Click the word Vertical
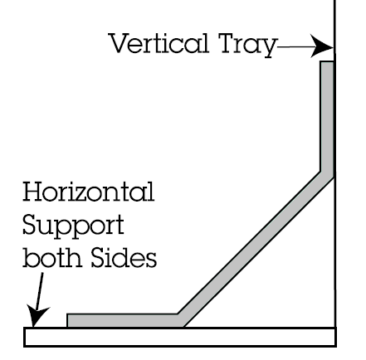pos(159,43)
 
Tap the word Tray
pos(247,45)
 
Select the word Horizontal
pos(88,192)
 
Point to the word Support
pos(73,226)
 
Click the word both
pos(52,257)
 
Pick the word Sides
pos(124,257)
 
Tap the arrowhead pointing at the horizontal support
pos(37,316)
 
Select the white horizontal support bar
pos(180,337)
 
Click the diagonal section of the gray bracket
pos(256,250)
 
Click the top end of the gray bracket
pos(327,62)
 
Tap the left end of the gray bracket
pos(68,321)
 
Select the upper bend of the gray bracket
pos(327,175)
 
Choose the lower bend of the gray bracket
pos(180,321)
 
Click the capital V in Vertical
pos(120,43)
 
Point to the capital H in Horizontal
pos(32,192)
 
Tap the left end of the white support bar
pos(25,337)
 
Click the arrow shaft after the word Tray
pos(295,46)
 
